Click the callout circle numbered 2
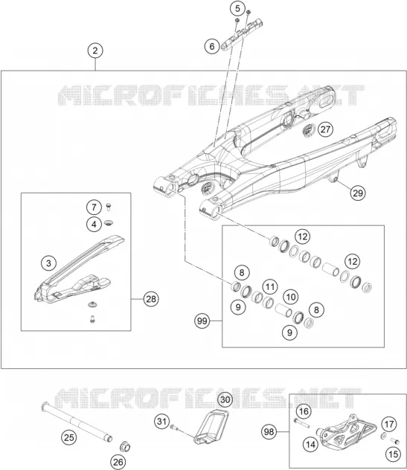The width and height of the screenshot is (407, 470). [95, 51]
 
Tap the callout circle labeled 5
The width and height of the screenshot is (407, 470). [237, 9]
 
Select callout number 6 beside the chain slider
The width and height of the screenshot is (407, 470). [212, 46]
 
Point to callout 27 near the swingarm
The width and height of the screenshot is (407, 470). [325, 129]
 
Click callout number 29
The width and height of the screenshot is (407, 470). [358, 193]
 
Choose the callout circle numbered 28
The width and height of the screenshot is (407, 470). [151, 299]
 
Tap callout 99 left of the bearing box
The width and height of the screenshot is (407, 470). [202, 321]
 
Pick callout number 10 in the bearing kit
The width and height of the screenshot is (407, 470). [290, 297]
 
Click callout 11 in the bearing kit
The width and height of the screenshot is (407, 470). [270, 287]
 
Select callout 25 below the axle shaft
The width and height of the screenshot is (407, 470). [69, 437]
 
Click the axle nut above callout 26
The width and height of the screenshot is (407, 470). [125, 447]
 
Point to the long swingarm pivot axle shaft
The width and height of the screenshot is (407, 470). [77, 422]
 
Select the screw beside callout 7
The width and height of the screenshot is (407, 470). [109, 207]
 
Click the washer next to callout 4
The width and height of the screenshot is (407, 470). [109, 223]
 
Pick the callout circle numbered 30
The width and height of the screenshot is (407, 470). [225, 399]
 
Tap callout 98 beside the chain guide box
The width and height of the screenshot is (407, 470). [269, 432]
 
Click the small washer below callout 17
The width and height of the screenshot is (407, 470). [384, 436]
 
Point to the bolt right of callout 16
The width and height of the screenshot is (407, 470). [301, 423]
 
